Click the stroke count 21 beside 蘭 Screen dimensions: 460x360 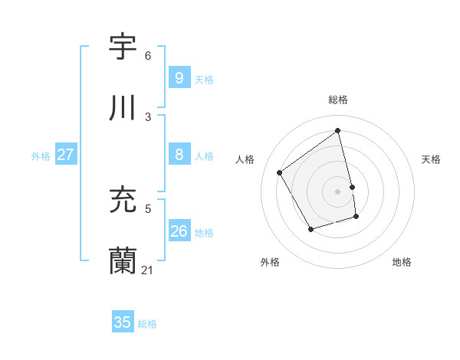point(147,270)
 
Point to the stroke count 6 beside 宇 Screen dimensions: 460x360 point(148,55)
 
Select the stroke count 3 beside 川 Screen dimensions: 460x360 point(148,116)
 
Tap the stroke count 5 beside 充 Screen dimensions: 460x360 point(148,208)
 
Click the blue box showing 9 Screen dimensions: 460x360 point(179,77)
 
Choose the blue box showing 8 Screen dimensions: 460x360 point(179,155)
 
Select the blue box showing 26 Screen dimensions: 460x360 point(179,231)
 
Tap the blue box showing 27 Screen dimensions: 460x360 point(65,155)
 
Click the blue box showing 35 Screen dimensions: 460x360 point(123,322)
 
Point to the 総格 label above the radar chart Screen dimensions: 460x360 point(338,100)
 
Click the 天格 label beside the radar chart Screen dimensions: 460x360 point(431,159)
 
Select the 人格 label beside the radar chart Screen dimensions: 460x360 point(245,159)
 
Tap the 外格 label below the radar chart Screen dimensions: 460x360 point(270,262)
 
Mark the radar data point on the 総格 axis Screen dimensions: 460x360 point(338,130)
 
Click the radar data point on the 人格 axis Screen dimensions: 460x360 point(280,172)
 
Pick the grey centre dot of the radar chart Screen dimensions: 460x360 point(338,191)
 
